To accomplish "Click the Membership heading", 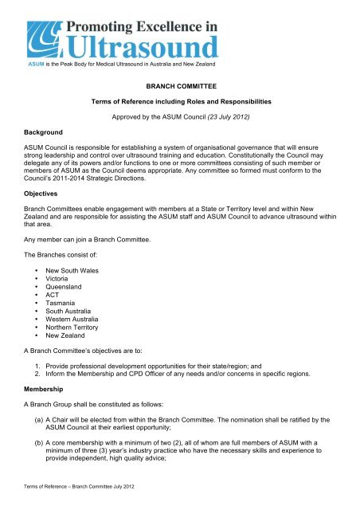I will pos(34,391).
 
